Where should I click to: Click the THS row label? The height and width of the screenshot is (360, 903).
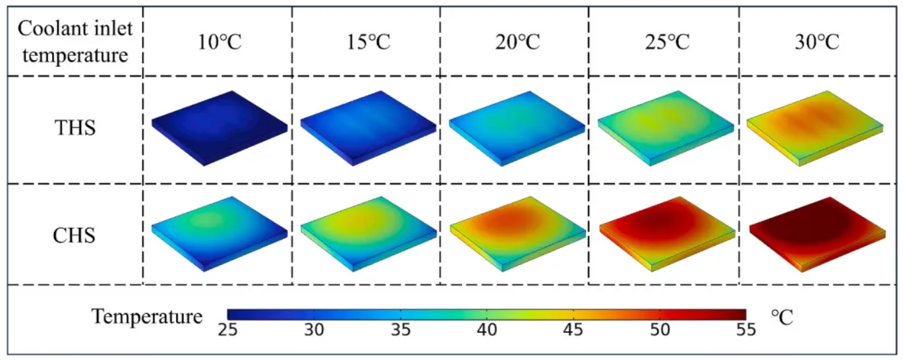[74, 127]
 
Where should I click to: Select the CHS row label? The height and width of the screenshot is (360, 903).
[74, 235]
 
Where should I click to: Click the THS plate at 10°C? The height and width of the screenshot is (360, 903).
[219, 127]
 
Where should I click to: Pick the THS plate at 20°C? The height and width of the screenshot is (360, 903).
[517, 127]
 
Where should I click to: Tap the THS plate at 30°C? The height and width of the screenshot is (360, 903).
[816, 127]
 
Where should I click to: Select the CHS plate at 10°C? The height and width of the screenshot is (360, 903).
[219, 232]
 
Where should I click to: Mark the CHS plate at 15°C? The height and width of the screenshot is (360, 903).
[368, 232]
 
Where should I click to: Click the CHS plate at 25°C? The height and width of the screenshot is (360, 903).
[666, 232]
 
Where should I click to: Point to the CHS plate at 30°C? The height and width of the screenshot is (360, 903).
[816, 232]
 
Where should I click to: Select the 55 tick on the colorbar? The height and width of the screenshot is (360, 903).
[745, 329]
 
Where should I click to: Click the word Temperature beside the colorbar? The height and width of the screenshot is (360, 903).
[147, 316]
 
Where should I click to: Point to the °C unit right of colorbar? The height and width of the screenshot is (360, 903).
[782, 316]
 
